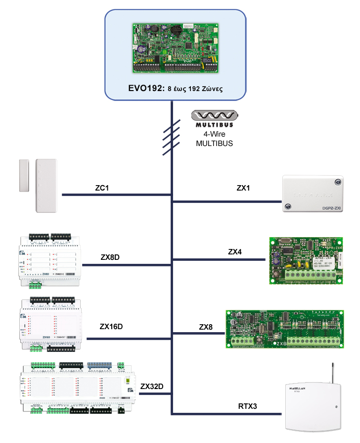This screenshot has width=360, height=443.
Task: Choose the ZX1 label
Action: click(243, 188)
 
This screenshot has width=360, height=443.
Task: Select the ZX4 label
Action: click(235, 251)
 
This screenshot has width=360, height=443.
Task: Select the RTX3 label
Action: click(248, 406)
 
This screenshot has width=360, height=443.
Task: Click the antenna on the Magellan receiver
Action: click(330, 374)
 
